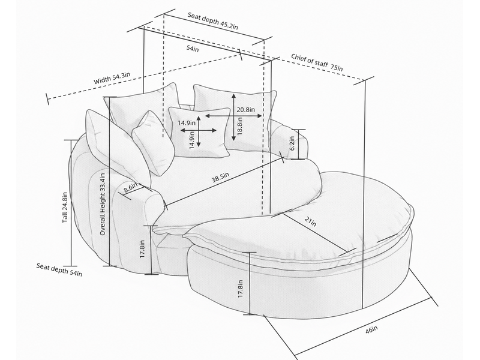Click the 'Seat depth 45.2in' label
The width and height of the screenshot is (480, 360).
click(x=213, y=21)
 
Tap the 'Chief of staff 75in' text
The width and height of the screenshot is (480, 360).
click(x=317, y=62)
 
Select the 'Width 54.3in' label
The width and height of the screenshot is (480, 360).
click(x=112, y=78)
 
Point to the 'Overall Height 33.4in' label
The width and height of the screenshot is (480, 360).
click(x=103, y=204)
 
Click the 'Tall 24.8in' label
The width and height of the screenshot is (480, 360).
click(x=65, y=207)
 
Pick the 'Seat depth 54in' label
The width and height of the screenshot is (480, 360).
click(x=59, y=269)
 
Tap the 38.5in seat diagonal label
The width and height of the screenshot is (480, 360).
click(x=220, y=178)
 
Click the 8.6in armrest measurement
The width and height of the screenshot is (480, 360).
click(x=130, y=188)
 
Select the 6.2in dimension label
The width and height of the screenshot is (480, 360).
click(x=292, y=143)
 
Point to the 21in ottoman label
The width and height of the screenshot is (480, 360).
click(x=310, y=221)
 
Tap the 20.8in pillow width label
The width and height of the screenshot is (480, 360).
click(x=245, y=109)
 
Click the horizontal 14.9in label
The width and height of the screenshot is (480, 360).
click(x=187, y=123)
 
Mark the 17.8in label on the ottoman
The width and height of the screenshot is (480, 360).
click(x=241, y=289)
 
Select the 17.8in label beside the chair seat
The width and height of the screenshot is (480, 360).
click(x=142, y=248)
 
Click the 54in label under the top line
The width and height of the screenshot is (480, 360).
click(x=193, y=49)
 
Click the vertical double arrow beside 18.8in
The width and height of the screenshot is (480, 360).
click(x=233, y=117)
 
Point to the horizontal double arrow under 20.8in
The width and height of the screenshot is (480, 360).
click(x=234, y=116)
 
